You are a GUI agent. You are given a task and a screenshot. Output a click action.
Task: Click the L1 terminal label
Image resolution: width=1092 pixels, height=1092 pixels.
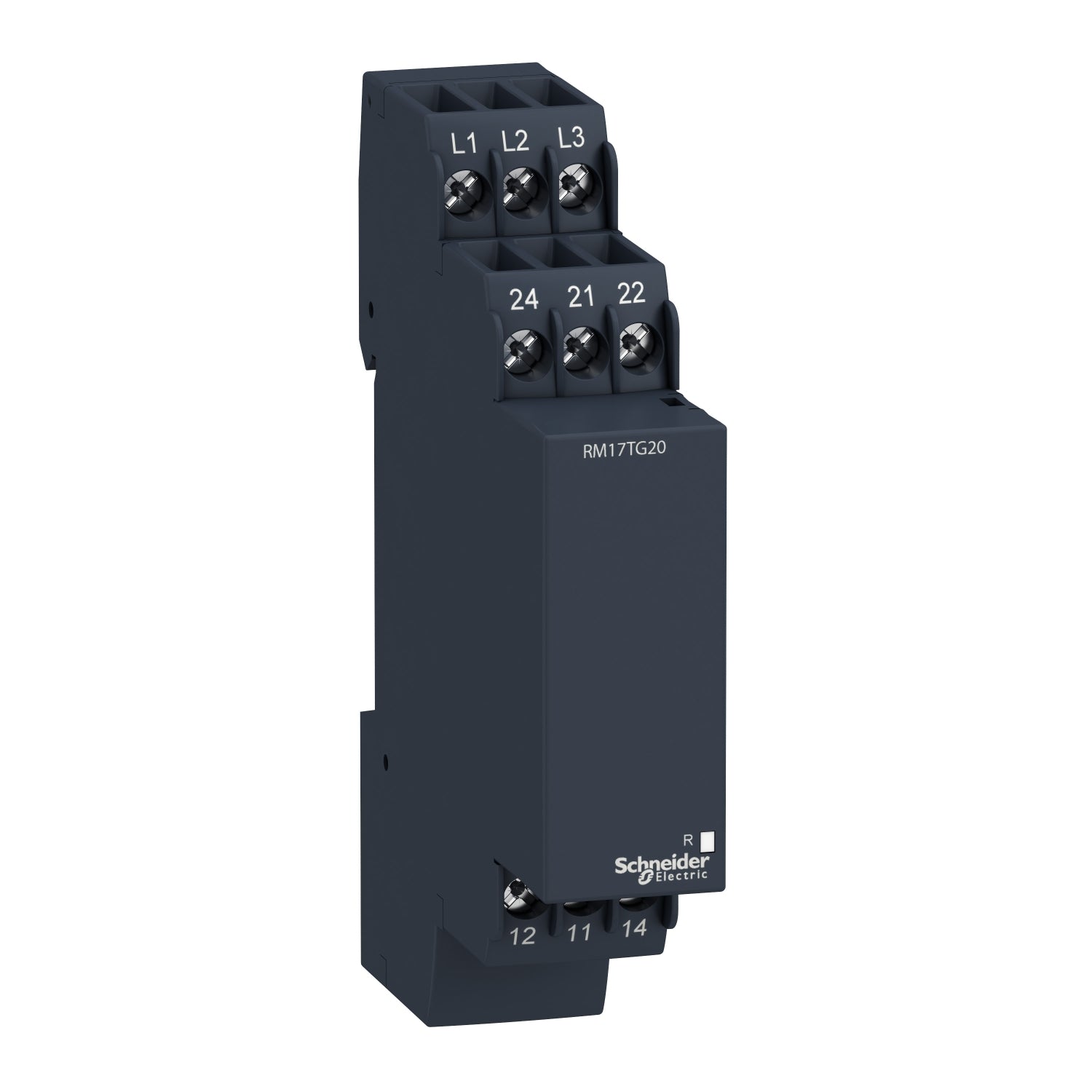(x=464, y=144)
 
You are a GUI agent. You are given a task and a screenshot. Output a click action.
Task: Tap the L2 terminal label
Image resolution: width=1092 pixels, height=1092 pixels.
(x=515, y=142)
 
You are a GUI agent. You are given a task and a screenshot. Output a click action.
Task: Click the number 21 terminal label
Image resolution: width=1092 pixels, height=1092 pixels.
(x=579, y=296)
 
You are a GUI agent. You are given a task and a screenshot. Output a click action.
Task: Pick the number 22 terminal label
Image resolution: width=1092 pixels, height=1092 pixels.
(x=630, y=293)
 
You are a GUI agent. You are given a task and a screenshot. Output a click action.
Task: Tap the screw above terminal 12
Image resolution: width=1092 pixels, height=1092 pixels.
(x=516, y=890)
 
